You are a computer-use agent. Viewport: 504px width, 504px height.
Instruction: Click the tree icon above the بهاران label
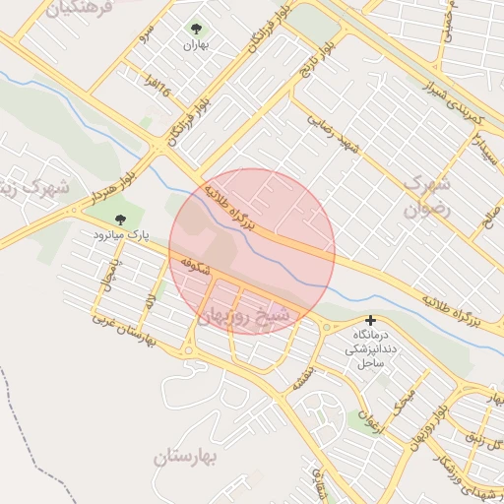click(x=194, y=30)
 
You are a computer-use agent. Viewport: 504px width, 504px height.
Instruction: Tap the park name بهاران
click(x=194, y=45)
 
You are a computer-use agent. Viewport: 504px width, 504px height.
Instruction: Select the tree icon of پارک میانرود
click(x=120, y=220)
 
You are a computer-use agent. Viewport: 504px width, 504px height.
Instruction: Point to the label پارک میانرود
click(x=120, y=235)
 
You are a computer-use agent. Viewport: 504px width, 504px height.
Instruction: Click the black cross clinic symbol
click(x=370, y=320)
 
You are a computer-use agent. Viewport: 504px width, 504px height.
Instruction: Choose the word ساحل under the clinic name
click(x=370, y=364)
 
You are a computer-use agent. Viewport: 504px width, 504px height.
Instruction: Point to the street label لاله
click(x=149, y=300)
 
